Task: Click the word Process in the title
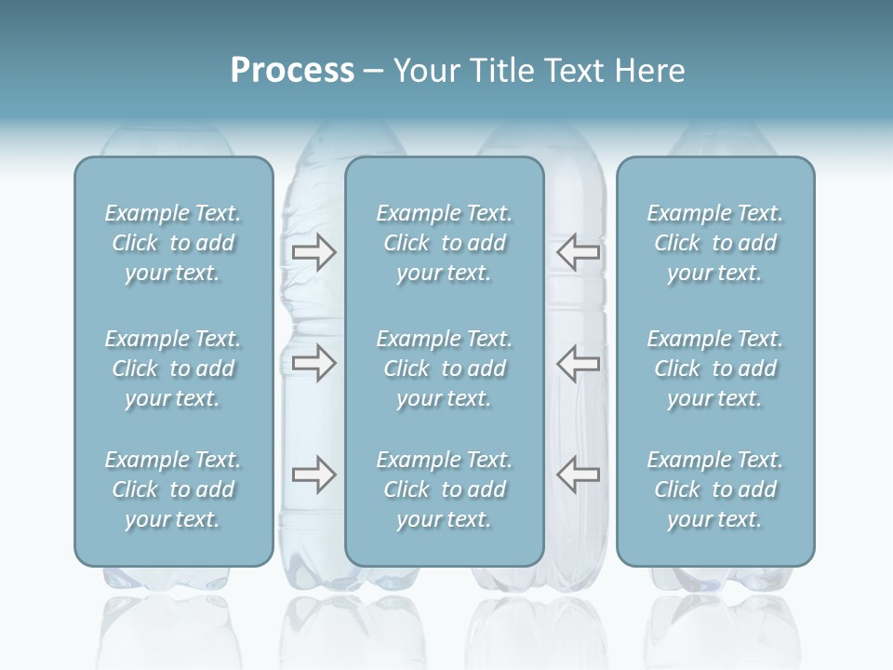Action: (x=292, y=71)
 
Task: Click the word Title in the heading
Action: (x=498, y=71)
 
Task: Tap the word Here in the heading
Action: (x=649, y=71)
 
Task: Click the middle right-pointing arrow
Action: (x=313, y=363)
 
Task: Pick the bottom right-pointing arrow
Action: (x=313, y=475)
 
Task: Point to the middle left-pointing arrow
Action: (x=579, y=363)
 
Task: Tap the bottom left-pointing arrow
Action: (x=579, y=475)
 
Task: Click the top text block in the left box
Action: (x=173, y=243)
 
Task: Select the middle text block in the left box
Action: (x=173, y=368)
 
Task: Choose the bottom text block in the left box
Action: (x=173, y=489)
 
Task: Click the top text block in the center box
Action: (x=445, y=243)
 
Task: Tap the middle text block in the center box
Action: (x=445, y=368)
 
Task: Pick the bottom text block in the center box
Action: (x=445, y=489)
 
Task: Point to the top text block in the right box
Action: (x=715, y=243)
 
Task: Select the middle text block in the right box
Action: (x=715, y=368)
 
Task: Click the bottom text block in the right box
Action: (x=715, y=489)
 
